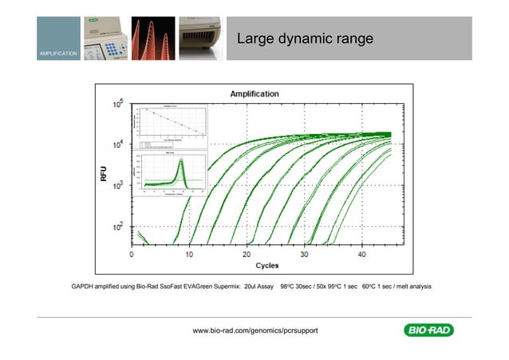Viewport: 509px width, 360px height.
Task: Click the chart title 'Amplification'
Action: tap(254, 93)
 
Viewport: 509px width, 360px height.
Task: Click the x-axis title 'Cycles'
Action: tap(266, 265)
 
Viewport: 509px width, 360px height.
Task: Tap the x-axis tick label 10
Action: tap(190, 254)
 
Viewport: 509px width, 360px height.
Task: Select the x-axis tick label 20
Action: tap(247, 254)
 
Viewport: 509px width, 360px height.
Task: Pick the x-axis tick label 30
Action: tap(304, 254)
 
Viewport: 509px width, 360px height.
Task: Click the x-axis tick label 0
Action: tap(132, 254)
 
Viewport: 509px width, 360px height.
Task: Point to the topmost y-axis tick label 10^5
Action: tap(117, 105)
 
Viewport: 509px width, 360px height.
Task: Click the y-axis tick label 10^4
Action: tap(117, 144)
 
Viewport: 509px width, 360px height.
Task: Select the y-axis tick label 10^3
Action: tap(117, 185)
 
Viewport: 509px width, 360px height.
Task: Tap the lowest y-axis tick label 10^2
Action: tap(117, 227)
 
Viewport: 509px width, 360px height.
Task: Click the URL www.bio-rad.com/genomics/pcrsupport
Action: tap(255, 330)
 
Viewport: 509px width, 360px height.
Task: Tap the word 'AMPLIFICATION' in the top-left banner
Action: tap(57, 53)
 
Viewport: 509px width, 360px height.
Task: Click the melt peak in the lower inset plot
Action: tap(180, 166)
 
